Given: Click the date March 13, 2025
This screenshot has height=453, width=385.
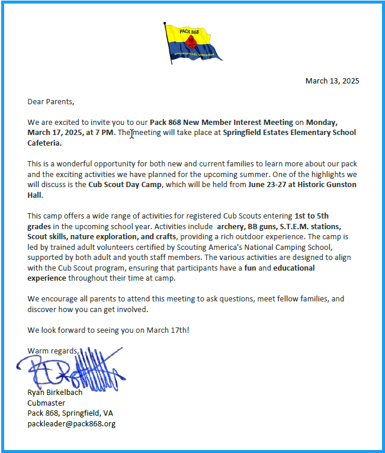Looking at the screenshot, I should click(332, 81).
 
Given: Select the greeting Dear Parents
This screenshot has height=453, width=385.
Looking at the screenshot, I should click(51, 101).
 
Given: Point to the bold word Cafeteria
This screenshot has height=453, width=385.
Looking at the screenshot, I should click(44, 143).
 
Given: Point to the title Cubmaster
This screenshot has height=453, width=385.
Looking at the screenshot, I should click(46, 403).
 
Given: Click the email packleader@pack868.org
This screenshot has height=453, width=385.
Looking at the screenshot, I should click(71, 423).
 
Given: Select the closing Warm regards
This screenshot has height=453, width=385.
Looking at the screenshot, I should click(53, 351).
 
